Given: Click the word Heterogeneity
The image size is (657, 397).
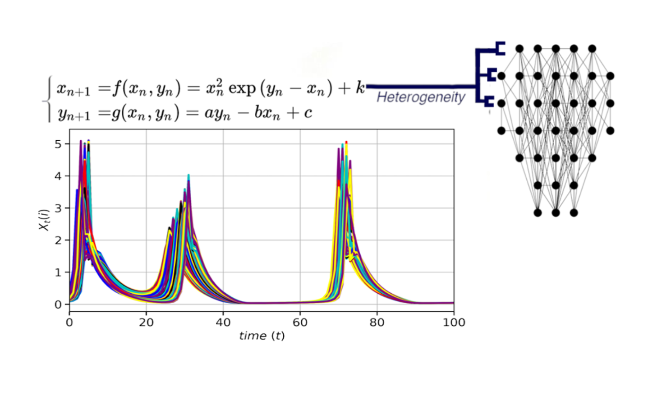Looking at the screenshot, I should [420, 97].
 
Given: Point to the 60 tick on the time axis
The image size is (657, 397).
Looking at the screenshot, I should [300, 322].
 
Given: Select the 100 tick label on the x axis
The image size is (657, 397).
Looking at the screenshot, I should [454, 322].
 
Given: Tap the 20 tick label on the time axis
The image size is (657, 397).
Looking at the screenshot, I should [146, 322].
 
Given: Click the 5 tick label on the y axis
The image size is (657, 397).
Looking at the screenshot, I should [58, 144].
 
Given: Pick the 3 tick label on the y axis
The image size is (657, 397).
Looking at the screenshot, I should [58, 208].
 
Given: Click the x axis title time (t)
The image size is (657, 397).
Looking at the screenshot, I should [262, 336].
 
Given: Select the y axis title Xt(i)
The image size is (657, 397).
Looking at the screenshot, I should [44, 220].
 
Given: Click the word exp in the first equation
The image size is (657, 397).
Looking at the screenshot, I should [242, 88].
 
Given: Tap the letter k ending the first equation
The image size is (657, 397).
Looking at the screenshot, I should [360, 88].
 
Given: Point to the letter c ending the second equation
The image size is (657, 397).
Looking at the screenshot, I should [308, 112].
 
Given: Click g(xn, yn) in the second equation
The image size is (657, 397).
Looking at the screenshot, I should [146, 112].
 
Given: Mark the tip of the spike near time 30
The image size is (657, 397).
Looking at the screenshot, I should [188, 175].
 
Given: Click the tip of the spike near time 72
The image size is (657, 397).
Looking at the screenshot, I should [346, 142].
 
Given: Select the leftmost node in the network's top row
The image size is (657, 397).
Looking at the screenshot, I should [519, 49].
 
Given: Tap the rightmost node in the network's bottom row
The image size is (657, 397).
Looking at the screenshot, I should [574, 212].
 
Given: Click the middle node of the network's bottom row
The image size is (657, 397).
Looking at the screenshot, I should [556, 212].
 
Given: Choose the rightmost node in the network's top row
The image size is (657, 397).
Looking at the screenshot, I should [592, 49].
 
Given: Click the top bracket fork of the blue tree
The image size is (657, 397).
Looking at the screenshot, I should [500, 49].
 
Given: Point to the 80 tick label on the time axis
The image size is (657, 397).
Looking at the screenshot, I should [377, 322].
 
